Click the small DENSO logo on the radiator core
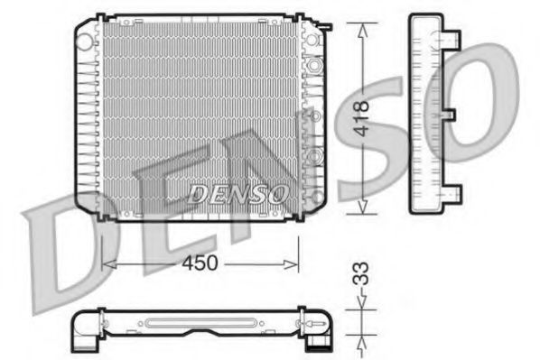pos(237,193)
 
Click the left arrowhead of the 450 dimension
pos(107,263)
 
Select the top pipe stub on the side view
pos(451,40)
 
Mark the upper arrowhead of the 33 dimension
pos(363,309)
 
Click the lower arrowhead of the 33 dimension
pos(363,337)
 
